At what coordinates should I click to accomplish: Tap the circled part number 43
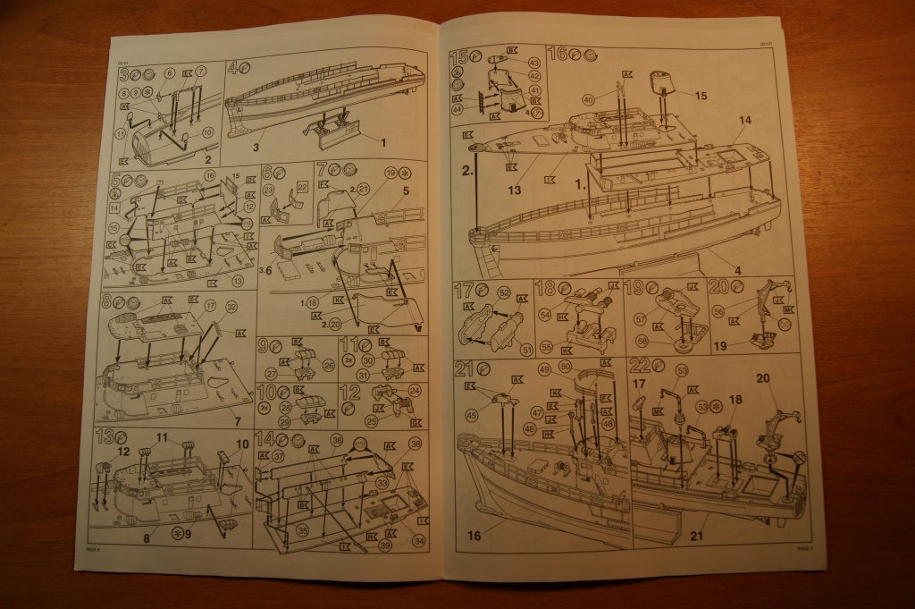pos(534,63)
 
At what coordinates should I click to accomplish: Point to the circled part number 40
pos(588,100)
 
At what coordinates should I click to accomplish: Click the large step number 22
pos(639,367)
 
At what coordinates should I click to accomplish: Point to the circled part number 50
pos(565,367)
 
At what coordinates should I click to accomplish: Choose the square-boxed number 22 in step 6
pos(302,186)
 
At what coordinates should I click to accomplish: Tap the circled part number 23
pos(269,189)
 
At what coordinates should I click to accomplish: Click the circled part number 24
pos(414,390)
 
